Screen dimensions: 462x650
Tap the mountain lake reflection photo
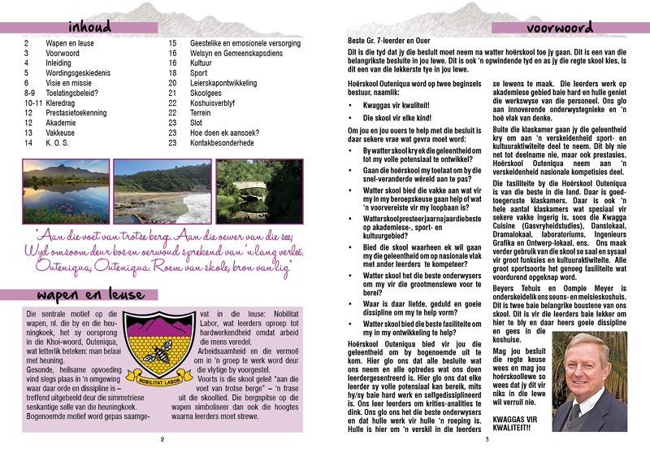(x=66, y=191)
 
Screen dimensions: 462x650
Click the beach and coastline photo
(x=162, y=191)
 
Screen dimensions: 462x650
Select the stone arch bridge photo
(x=259, y=191)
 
